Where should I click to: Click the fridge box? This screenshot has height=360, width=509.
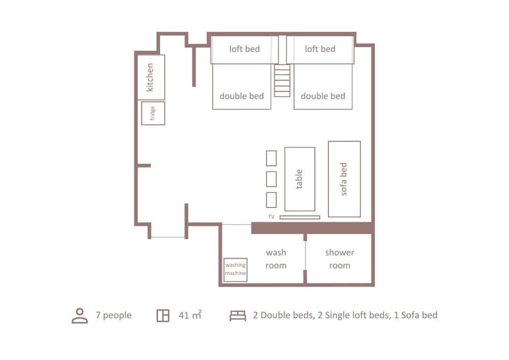[153, 113]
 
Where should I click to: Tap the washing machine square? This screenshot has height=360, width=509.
[236, 269]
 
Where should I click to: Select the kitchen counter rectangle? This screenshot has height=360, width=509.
[151, 77]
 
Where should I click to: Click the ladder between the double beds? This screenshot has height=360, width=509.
[282, 80]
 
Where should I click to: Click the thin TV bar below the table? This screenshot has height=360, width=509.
[300, 217]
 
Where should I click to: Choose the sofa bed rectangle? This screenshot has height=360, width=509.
[344, 179]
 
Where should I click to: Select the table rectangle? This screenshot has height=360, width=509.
[299, 179]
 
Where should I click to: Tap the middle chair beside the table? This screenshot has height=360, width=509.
[271, 179]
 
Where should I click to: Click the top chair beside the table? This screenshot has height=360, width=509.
[271, 158]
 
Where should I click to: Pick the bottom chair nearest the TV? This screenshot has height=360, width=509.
[271, 200]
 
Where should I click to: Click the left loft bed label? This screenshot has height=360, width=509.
[244, 49]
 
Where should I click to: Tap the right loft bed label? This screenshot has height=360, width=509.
[320, 49]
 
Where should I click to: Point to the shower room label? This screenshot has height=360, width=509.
[340, 259]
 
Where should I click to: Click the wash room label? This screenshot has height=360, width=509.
[276, 259]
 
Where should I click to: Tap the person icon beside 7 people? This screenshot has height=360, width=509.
[80, 315]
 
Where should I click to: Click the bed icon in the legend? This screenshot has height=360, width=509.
[238, 316]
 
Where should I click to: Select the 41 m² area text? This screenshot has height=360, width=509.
[190, 315]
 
